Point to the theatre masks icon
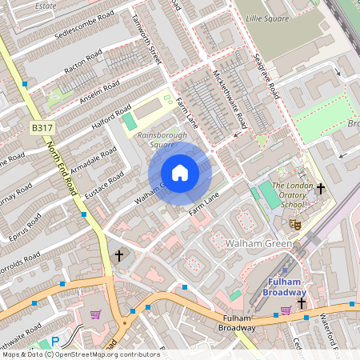[294, 226]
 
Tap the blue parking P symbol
[55, 342]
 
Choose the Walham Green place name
[255, 242]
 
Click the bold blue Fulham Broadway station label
[284, 287]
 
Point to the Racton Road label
[83, 63]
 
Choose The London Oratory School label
[288, 194]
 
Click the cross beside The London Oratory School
[321, 190]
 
